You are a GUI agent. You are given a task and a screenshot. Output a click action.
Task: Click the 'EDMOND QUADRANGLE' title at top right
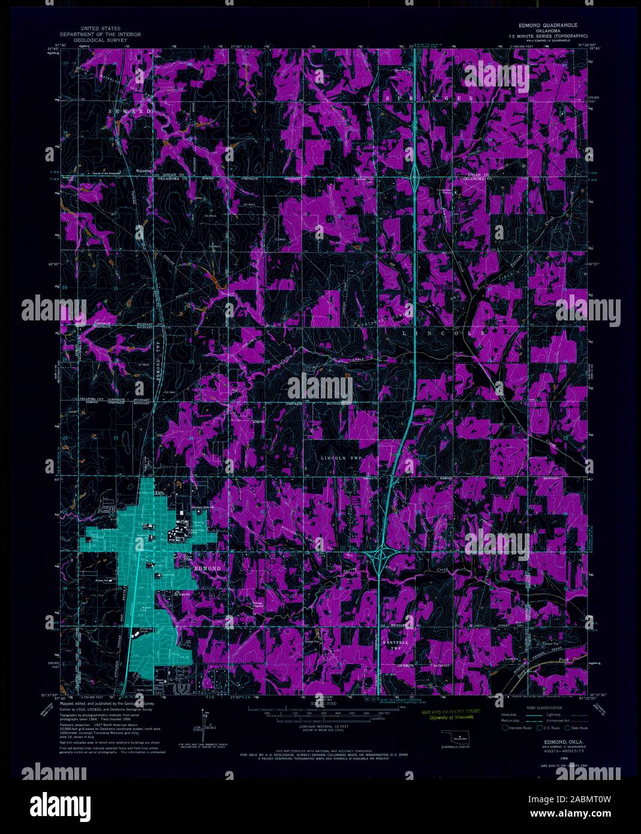[x=548, y=26]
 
